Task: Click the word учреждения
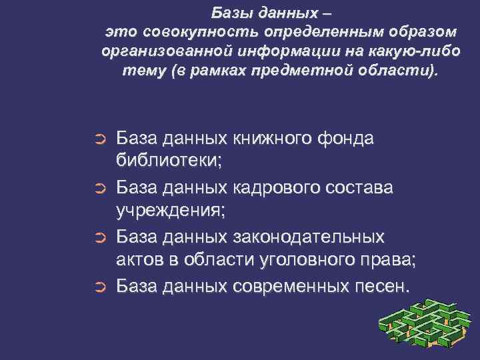171,212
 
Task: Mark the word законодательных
309,237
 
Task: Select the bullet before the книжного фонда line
99,139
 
